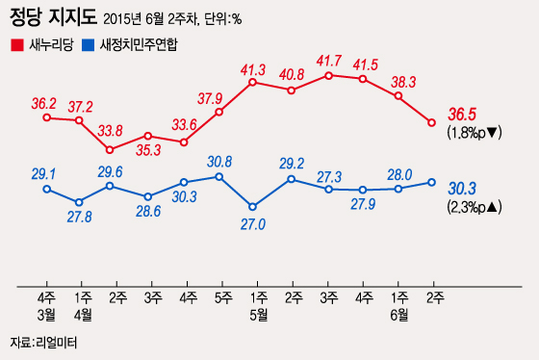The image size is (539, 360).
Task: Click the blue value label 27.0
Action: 251,224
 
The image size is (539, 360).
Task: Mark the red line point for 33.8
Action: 110,149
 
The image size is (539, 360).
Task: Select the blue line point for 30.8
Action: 219,176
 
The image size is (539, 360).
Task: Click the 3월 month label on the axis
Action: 46,314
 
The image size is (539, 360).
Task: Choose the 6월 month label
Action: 398,314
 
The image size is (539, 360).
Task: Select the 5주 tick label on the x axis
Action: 219,297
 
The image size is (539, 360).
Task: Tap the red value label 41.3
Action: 252,69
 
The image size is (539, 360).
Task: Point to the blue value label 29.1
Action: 44,173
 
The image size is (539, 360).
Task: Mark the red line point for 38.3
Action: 398,96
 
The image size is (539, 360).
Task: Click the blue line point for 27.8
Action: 79,202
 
